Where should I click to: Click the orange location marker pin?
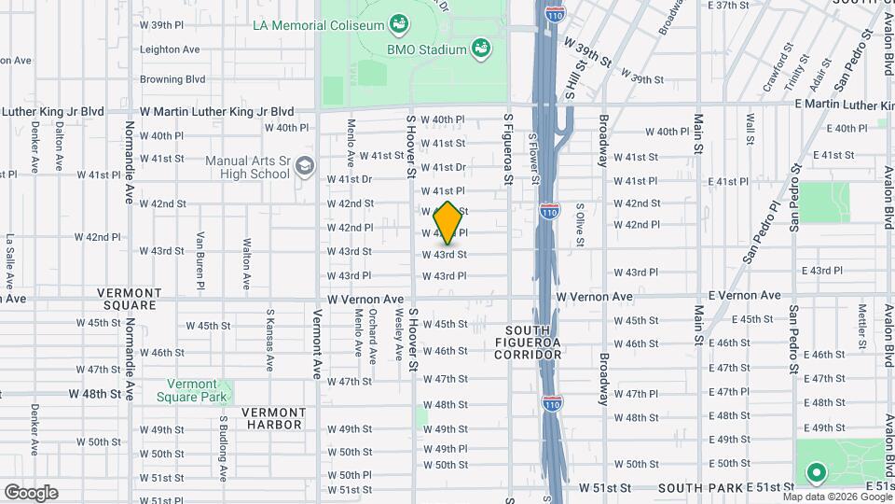pos(447,222)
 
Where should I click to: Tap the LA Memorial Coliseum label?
pos(320,22)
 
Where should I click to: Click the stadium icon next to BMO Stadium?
pos(481,47)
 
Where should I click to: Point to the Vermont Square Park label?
pos(198,390)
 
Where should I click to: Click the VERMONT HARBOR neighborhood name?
pos(272,418)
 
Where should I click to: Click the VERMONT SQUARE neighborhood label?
pos(124,299)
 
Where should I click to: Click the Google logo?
pos(30,492)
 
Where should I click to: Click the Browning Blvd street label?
pos(172,79)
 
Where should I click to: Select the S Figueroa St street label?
pos(508,148)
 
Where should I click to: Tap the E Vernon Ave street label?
pos(743,295)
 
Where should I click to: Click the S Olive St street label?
pos(579,225)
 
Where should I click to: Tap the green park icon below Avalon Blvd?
pos(816,473)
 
